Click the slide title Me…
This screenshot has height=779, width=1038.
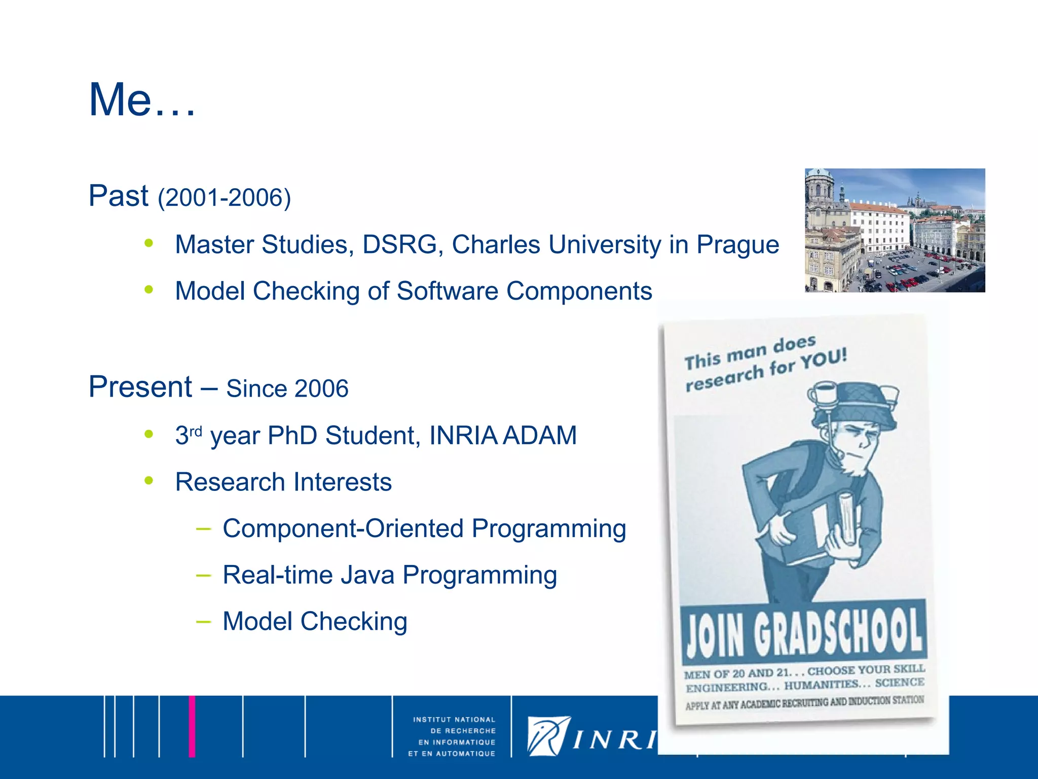142,100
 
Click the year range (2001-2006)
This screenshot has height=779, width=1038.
224,197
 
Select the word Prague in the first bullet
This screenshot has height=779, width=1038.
737,245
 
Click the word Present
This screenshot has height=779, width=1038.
140,387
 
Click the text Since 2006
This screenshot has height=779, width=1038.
287,389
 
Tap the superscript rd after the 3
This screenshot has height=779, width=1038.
196,431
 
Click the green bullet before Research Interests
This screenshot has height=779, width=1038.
149,480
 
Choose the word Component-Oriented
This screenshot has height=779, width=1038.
343,529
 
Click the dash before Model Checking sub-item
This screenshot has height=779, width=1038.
203,622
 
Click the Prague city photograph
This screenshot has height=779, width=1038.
895,230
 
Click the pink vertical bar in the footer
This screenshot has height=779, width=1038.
192,726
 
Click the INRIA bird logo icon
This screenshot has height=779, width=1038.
548,735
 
